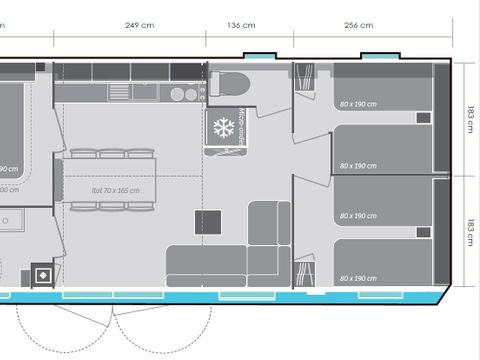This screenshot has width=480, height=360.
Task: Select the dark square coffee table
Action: [x=208, y=222]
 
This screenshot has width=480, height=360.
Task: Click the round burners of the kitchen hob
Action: [x=183, y=95]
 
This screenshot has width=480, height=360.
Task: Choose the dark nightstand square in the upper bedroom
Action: [x=423, y=117]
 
